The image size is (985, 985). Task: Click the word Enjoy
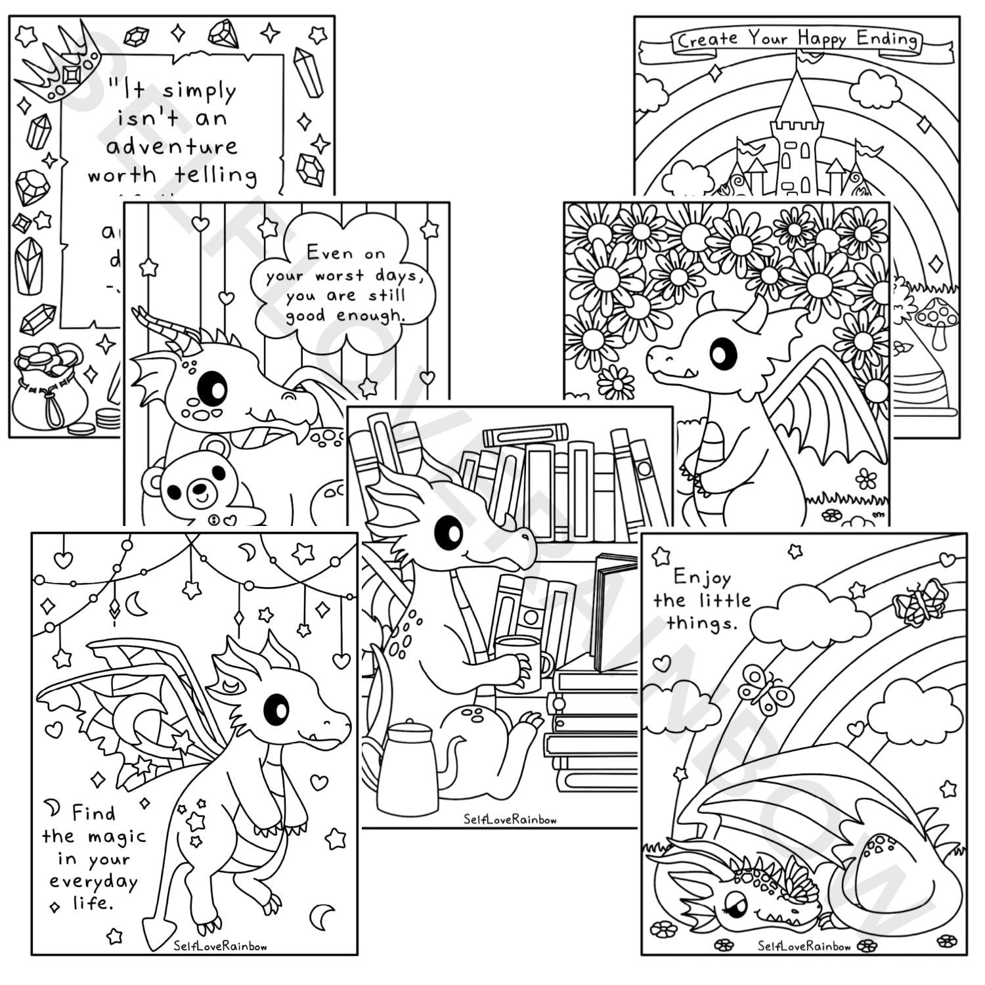point(701,578)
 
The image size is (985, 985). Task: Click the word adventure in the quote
point(172,146)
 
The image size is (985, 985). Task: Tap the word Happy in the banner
point(821,39)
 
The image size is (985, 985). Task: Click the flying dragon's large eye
point(276,709)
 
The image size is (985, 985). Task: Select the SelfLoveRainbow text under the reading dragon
point(510,819)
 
